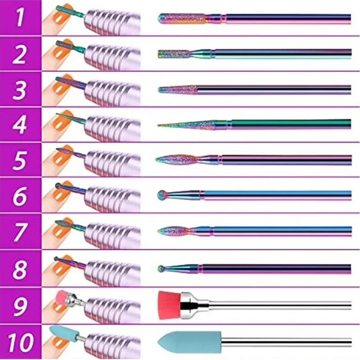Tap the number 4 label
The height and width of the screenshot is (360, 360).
click(x=20, y=125)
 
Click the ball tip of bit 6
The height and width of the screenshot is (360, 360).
click(x=161, y=195)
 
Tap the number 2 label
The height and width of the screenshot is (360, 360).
click(x=20, y=54)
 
